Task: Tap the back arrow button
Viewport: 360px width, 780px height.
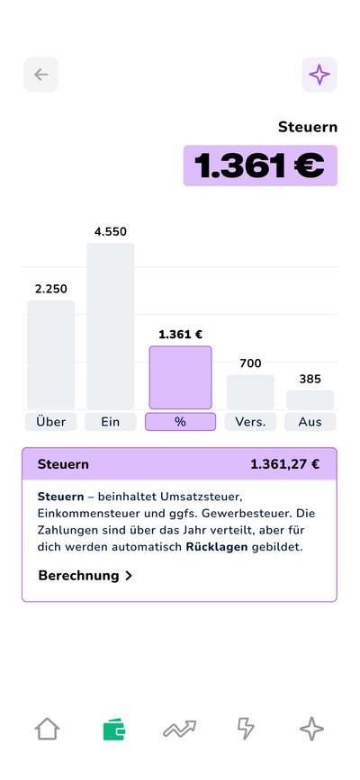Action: point(40,75)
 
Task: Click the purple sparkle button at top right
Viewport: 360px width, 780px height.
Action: point(319,75)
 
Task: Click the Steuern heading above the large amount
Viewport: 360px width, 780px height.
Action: point(308,127)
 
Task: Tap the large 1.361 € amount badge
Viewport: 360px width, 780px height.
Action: point(260,166)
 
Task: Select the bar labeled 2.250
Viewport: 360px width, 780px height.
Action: point(50,354)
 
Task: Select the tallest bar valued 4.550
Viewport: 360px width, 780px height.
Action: point(111,326)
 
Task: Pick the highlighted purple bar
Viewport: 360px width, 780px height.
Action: point(180,377)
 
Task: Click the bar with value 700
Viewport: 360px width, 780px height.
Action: point(250,391)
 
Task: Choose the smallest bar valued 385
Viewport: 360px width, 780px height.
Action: point(310,399)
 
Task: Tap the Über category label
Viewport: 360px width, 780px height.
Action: point(50,422)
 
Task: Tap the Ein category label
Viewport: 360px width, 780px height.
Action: point(111,422)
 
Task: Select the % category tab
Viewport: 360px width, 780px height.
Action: point(180,422)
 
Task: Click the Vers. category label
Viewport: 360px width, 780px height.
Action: point(250,422)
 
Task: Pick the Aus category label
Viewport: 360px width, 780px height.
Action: point(310,422)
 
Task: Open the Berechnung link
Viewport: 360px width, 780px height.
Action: point(85,575)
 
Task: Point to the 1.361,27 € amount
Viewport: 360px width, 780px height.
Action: point(284,464)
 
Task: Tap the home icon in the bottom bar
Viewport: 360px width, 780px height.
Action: point(47,729)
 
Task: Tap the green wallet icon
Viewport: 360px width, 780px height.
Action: point(113,729)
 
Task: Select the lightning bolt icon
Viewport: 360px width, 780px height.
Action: point(246,729)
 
